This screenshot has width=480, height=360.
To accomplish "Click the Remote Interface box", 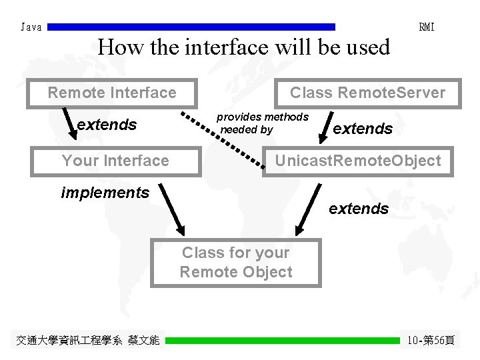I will (x=112, y=93).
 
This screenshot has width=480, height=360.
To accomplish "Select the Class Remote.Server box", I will (x=367, y=93).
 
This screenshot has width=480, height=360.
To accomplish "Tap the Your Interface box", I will (x=115, y=161).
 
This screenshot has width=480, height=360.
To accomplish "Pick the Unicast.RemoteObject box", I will (x=358, y=161).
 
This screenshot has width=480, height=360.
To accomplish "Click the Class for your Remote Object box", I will (x=235, y=262).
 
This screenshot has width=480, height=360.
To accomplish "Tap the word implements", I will (x=105, y=193).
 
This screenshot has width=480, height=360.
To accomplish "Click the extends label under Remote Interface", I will (x=107, y=125).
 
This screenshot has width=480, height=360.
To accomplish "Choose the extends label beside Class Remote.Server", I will (x=363, y=129).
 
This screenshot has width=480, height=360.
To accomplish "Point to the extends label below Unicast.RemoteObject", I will (x=359, y=209).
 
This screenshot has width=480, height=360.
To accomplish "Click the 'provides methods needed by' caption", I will (x=263, y=123).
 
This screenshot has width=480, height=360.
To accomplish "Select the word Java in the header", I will (x=31, y=27).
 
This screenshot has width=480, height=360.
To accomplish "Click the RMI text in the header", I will (x=427, y=27).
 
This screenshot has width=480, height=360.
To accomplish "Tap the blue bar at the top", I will (x=192, y=27).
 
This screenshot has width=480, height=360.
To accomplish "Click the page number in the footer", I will (x=431, y=341).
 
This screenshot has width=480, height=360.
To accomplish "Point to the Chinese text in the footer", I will (x=88, y=341).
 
